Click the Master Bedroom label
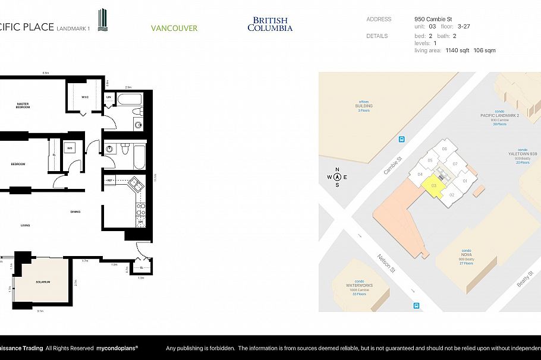click(x=22, y=106)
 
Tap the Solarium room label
click(x=42, y=282)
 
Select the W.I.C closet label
click(x=84, y=97)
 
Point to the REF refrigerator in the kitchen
click(x=110, y=179)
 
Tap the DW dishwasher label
click(x=141, y=223)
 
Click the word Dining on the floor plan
click(x=76, y=211)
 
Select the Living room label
click(x=26, y=225)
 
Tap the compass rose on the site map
click(x=337, y=177)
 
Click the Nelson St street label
click(x=386, y=262)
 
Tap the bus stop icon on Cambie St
click(x=402, y=140)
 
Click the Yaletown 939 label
click(x=523, y=153)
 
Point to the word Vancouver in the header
click(x=174, y=28)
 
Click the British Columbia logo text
click(x=270, y=24)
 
